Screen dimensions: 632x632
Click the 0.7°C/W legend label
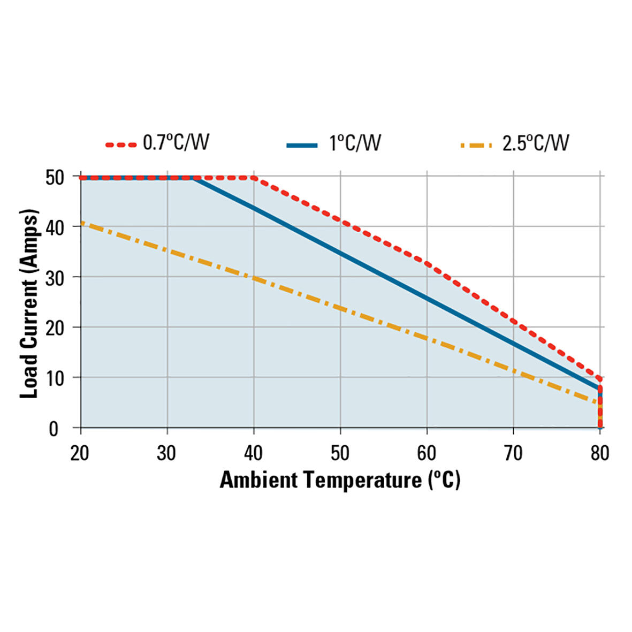(x=176, y=143)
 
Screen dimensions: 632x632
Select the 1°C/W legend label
(x=355, y=143)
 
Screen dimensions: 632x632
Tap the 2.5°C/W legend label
(x=535, y=143)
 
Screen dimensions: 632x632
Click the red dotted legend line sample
(x=121, y=145)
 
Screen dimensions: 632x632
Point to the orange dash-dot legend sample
(x=475, y=145)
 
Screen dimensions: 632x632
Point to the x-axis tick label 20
(x=80, y=453)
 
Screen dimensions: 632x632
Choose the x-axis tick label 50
(x=339, y=453)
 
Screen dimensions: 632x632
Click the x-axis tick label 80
(x=599, y=453)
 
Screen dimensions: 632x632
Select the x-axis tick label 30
(x=166, y=453)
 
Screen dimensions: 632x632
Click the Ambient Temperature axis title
(x=340, y=480)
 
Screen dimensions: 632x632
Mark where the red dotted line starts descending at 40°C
(x=254, y=178)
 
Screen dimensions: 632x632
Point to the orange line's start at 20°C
(x=81, y=223)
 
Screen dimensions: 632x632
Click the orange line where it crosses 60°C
(x=427, y=338)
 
